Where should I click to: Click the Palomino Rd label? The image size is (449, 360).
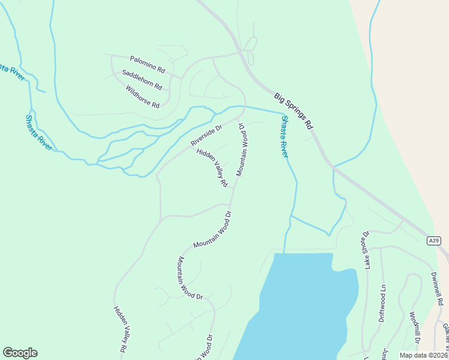[x=146, y=62]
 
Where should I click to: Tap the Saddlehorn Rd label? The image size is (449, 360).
[x=142, y=79]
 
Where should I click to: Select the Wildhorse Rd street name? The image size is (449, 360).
[x=143, y=97]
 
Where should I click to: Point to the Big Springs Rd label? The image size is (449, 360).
[x=294, y=111]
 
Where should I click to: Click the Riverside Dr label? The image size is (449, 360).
[x=206, y=134]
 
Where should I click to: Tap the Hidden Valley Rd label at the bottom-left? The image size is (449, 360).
[x=119, y=329]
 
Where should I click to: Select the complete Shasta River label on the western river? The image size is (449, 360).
[x=39, y=132]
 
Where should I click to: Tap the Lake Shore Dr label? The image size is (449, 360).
[x=366, y=247]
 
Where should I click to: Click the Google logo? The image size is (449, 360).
[x=20, y=353]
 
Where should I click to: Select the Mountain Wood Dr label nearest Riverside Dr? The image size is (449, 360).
[x=243, y=150]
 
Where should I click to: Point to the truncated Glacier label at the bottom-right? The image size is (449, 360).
[x=445, y=336]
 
